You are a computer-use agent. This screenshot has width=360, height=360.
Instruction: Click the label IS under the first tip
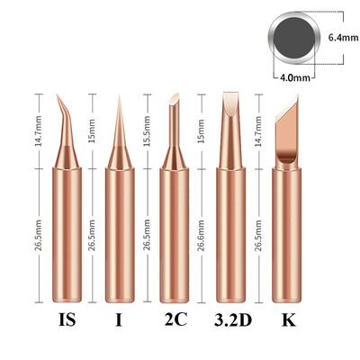click(67, 319)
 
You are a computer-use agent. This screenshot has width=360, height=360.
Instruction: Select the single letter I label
click(119, 319)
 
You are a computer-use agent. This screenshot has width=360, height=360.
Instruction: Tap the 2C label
click(175, 319)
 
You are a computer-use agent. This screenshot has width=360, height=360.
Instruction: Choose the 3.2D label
click(233, 319)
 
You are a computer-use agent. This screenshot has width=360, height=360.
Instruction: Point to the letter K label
click(288, 319)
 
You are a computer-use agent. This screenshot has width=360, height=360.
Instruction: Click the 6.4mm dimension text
click(343, 38)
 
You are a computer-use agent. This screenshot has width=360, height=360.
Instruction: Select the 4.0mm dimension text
click(295, 77)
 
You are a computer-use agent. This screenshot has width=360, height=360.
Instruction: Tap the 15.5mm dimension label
click(147, 131)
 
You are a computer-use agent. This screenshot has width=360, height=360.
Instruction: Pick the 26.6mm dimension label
click(201, 236)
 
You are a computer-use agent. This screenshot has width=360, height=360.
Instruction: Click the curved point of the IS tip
click(57, 95)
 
